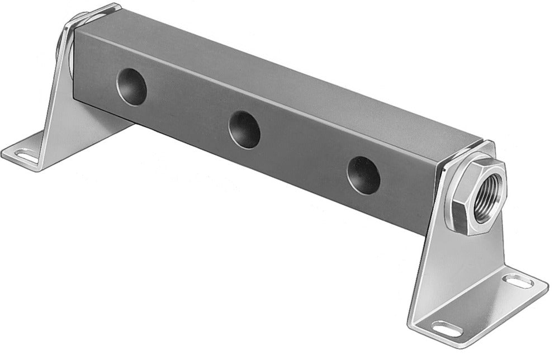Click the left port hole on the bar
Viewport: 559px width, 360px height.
click(131, 86)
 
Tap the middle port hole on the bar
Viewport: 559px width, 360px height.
click(244, 129)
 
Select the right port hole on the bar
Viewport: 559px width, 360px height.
click(363, 175)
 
